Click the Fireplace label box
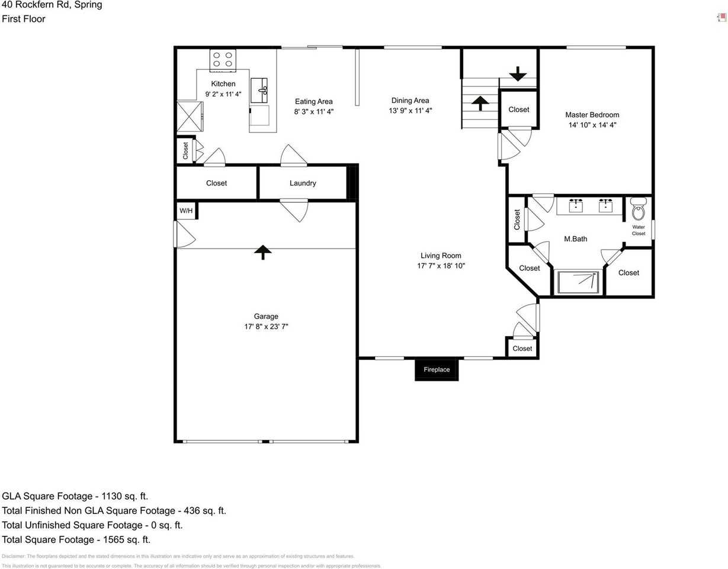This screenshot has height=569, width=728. point(437,369)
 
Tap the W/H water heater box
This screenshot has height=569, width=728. point(186,210)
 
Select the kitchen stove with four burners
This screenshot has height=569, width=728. point(223,59)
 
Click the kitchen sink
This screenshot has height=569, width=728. point(259,90)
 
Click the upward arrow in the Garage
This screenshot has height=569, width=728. point(263,252)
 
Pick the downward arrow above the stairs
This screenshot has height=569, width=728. point(518,73)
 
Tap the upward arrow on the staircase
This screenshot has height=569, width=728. point(480,104)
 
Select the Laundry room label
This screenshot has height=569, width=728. point(303,183)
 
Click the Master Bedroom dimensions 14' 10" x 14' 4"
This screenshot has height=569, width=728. point(592,125)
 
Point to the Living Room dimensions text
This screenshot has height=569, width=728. point(441,266)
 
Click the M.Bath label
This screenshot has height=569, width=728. point(575,239)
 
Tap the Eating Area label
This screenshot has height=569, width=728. point(313,101)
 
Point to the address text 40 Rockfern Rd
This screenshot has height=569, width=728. point(36,5)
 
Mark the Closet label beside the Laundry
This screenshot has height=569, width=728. point(216,183)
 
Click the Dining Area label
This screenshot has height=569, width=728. point(410,100)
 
